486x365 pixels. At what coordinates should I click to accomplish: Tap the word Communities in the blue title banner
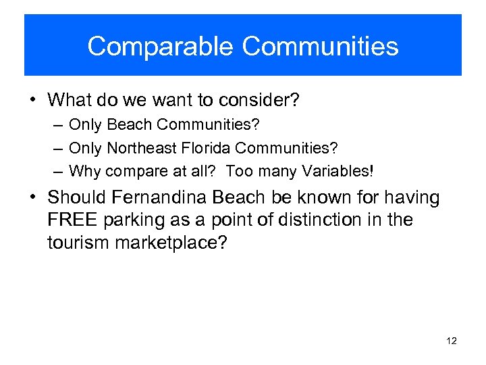(320, 47)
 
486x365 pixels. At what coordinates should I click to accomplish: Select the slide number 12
(452, 341)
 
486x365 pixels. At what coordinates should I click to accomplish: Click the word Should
(74, 198)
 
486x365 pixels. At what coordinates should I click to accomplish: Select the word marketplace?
(171, 242)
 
